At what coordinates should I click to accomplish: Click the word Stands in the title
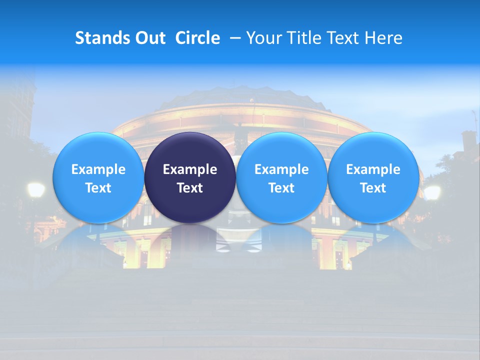coord(98,38)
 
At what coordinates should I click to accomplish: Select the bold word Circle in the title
coord(197,38)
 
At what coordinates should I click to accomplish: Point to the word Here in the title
coord(384,38)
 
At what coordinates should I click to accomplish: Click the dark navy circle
coord(190,177)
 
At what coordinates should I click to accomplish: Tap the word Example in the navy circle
coord(190,169)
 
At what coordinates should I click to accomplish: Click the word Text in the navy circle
coord(190,188)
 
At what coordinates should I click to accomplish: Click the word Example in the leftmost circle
coord(98,169)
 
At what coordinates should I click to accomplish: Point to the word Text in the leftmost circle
coord(98,188)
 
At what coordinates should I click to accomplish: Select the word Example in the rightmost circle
coord(373,169)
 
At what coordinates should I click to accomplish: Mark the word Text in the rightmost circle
coord(373,188)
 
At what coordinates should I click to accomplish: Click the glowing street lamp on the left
coord(35,189)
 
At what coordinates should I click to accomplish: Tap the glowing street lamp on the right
coord(432,192)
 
